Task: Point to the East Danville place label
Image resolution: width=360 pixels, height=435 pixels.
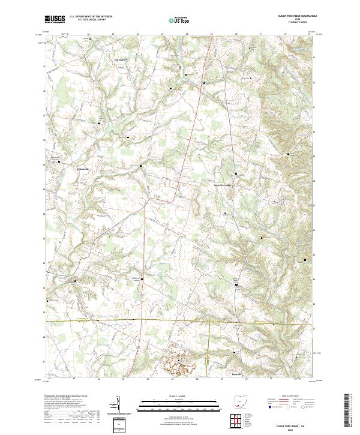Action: coord(121,59)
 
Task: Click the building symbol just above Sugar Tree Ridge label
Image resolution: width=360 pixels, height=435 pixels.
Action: coord(235,178)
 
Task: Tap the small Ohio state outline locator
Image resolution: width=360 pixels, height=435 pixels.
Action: coord(240,400)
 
